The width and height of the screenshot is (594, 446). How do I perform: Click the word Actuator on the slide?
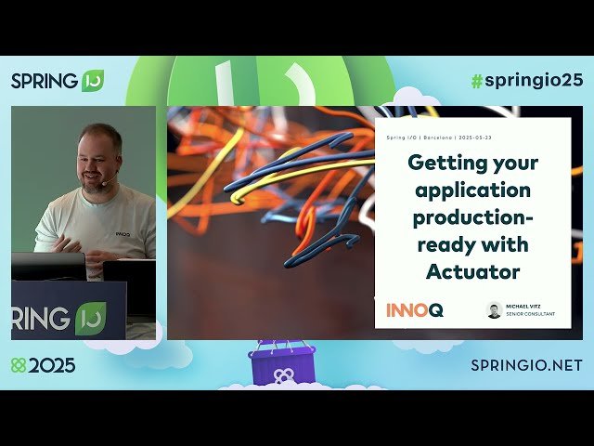(472, 271)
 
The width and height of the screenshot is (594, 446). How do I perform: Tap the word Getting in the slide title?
(443, 163)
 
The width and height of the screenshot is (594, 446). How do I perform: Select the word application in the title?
(473, 190)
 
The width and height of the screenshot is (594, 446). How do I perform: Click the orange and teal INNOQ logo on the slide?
(414, 310)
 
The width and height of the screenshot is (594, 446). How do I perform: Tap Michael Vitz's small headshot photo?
(494, 310)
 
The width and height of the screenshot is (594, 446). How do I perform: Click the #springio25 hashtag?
(526, 80)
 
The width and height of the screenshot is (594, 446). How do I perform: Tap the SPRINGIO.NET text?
(526, 365)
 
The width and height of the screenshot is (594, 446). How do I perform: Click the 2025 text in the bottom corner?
(52, 365)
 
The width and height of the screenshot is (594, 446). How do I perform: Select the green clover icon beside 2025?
(19, 365)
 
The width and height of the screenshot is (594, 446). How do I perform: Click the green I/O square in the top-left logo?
(93, 80)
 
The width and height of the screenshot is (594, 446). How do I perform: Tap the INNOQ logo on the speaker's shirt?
(123, 234)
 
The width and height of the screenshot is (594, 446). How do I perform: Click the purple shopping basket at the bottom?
(282, 365)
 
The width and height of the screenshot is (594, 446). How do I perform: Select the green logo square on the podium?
(90, 319)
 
